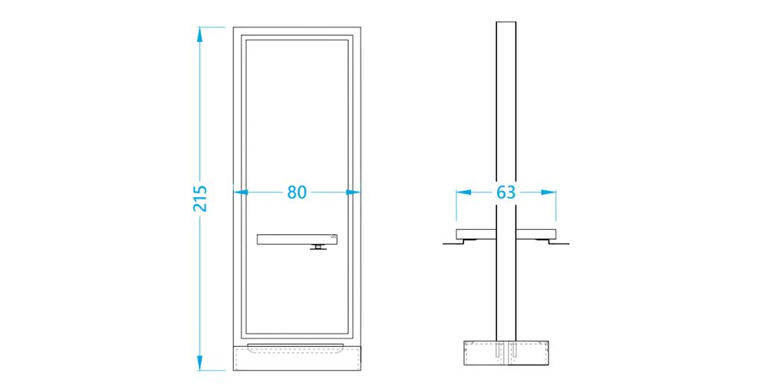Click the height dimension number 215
click(200, 198)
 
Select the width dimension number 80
click(297, 192)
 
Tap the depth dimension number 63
click(506, 192)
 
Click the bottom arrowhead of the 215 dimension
click(200, 364)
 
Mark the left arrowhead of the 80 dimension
click(239, 192)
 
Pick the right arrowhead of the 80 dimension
click(357, 192)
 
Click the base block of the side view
click(506, 354)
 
